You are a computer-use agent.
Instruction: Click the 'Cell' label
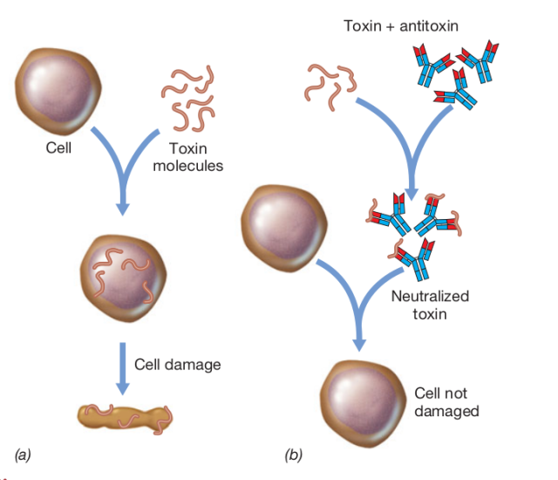pos(58,147)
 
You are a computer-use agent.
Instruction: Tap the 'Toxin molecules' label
pos(187,156)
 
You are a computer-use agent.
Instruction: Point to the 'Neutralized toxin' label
pos(429,305)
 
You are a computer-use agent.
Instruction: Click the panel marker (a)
pos(23,454)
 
